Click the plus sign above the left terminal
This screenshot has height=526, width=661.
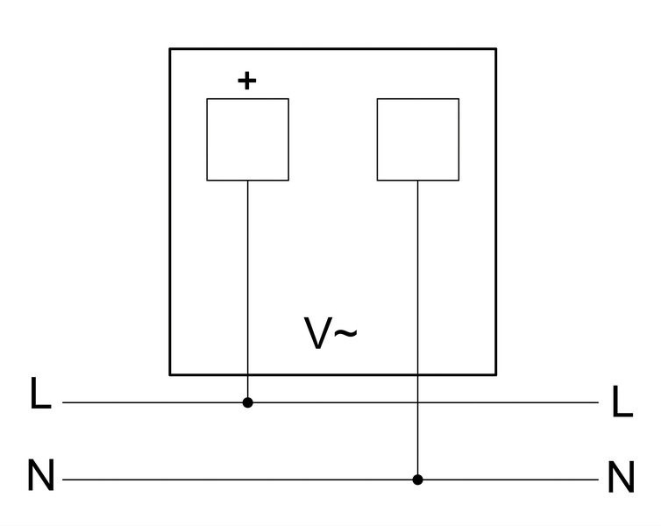tap(247, 81)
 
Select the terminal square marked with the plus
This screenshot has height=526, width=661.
tap(248, 139)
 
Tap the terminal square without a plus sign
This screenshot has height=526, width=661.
tap(418, 139)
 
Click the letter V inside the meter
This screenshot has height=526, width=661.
tap(318, 333)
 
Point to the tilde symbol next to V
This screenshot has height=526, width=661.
tap(345, 333)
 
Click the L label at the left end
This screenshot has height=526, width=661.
tap(40, 394)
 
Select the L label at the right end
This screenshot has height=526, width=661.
tap(622, 402)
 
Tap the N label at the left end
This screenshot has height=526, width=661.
tap(41, 475)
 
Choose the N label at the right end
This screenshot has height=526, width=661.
tap(622, 477)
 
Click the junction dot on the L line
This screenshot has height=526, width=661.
tap(248, 402)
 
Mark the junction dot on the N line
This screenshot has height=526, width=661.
tap(418, 480)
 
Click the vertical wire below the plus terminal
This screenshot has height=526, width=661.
tap(248, 292)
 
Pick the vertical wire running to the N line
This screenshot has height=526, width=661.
tap(418, 330)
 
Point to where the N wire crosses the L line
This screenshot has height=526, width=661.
tap(418, 402)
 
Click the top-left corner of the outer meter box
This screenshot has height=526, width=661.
tap(170, 49)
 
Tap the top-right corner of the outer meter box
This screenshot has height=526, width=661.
tap(496, 49)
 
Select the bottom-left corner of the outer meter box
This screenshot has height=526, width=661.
tap(170, 374)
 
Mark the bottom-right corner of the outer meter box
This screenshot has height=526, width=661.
tap(496, 374)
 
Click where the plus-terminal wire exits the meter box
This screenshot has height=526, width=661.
tap(248, 374)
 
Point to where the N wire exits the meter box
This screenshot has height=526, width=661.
tap(418, 374)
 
